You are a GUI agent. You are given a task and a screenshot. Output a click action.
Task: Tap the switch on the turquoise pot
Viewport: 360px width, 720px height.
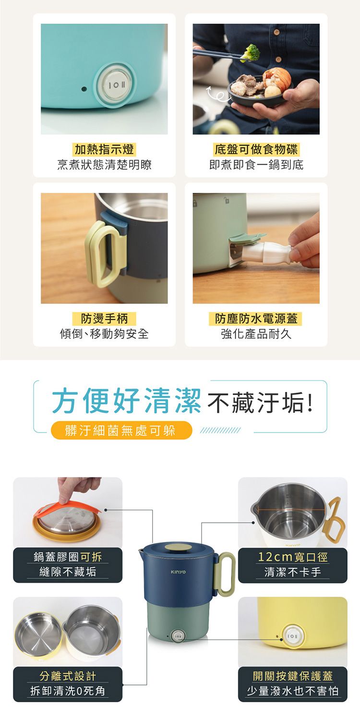point(115,85)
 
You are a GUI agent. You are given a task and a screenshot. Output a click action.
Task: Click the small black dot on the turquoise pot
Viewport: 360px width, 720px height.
point(84,89)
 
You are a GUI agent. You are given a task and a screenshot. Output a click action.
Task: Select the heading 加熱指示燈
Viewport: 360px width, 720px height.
point(104,149)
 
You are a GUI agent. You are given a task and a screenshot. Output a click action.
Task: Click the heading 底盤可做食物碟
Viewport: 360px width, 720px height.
point(256,149)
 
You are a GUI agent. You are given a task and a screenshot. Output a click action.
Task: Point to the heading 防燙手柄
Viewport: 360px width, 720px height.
point(104,319)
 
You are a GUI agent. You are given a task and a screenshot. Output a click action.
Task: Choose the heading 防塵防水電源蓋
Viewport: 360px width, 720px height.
point(256,319)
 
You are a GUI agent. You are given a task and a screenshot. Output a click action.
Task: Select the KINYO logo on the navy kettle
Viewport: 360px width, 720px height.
point(178,572)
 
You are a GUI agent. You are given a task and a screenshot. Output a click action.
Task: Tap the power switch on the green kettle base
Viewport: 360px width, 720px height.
point(178,636)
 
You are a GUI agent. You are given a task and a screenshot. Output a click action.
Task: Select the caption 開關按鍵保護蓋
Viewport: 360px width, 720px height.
point(292,676)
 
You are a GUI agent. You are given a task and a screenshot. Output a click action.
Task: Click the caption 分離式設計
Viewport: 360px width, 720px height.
point(68,676)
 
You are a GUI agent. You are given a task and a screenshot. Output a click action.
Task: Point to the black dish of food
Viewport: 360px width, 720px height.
point(259,92)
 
